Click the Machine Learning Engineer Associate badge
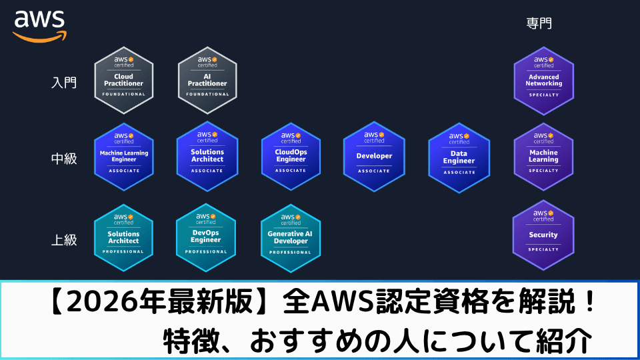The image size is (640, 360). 124,156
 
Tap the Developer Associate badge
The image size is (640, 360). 373,155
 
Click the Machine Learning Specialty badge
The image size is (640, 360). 543,156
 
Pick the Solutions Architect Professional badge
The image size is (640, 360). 124,237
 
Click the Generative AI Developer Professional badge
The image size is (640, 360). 291,237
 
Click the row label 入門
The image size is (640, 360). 64,83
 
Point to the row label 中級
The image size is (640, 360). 64,160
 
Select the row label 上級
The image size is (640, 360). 64,240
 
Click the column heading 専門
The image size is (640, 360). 539,24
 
